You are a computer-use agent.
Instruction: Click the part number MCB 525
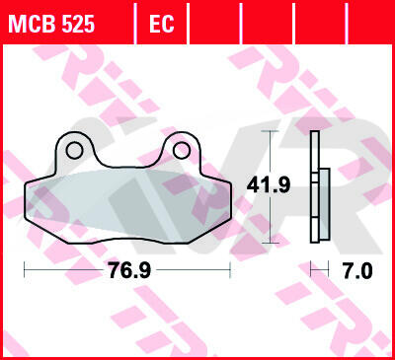[x=51, y=24]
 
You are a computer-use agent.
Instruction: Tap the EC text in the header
[x=161, y=24]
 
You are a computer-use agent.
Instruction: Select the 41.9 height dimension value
[x=269, y=185]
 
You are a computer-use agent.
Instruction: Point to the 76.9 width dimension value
[x=129, y=270]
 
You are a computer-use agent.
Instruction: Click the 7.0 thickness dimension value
[x=357, y=271]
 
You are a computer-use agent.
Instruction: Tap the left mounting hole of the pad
[x=74, y=151]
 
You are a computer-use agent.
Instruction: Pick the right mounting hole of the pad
[x=182, y=151]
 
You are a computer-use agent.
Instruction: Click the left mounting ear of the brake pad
[x=74, y=150]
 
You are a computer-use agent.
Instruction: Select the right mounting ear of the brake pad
[x=182, y=150]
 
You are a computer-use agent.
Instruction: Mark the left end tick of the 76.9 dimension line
[x=25, y=269]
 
